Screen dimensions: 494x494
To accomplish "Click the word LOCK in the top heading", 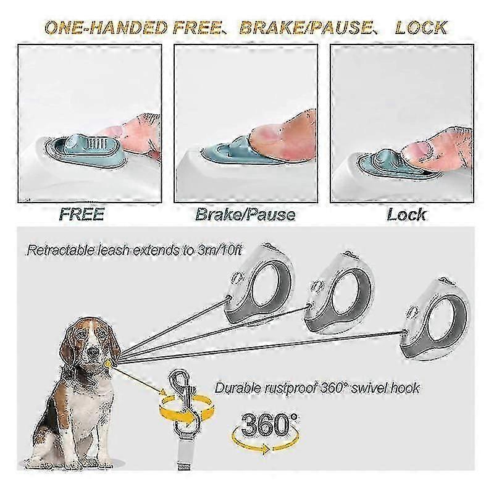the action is (x=421, y=27).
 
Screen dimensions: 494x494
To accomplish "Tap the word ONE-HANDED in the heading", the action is (x=106, y=27).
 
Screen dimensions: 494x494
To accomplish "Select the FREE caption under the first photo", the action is (x=82, y=214).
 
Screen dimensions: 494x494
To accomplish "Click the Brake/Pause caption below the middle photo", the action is (x=245, y=214).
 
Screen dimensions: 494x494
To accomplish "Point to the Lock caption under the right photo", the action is (x=406, y=214).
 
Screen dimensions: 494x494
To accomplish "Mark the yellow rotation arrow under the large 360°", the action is (x=266, y=443).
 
